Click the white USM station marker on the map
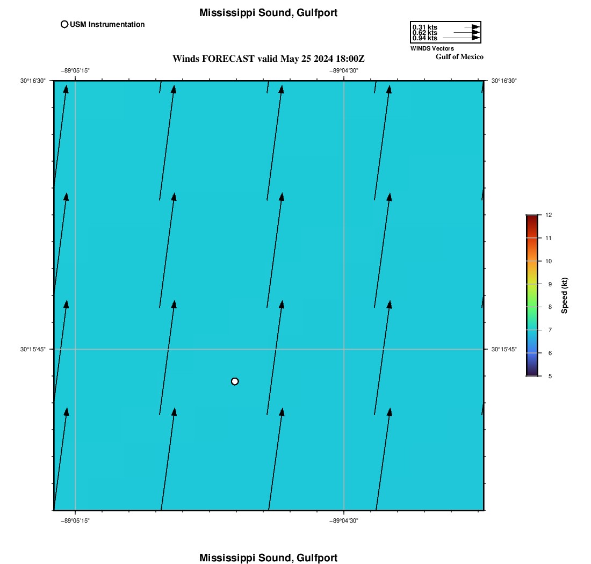point(235,381)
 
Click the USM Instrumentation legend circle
point(64,24)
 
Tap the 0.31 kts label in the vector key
point(424,27)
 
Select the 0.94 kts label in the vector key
point(424,38)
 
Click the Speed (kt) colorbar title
point(565,295)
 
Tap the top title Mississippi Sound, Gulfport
point(268,13)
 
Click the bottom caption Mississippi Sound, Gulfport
point(268,558)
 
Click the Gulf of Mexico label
point(459,57)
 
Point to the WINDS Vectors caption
point(432,48)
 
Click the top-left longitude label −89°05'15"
point(75,71)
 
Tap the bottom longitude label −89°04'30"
point(343,520)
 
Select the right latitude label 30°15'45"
point(504,349)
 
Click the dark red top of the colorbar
point(532,218)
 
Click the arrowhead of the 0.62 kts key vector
point(475,33)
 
